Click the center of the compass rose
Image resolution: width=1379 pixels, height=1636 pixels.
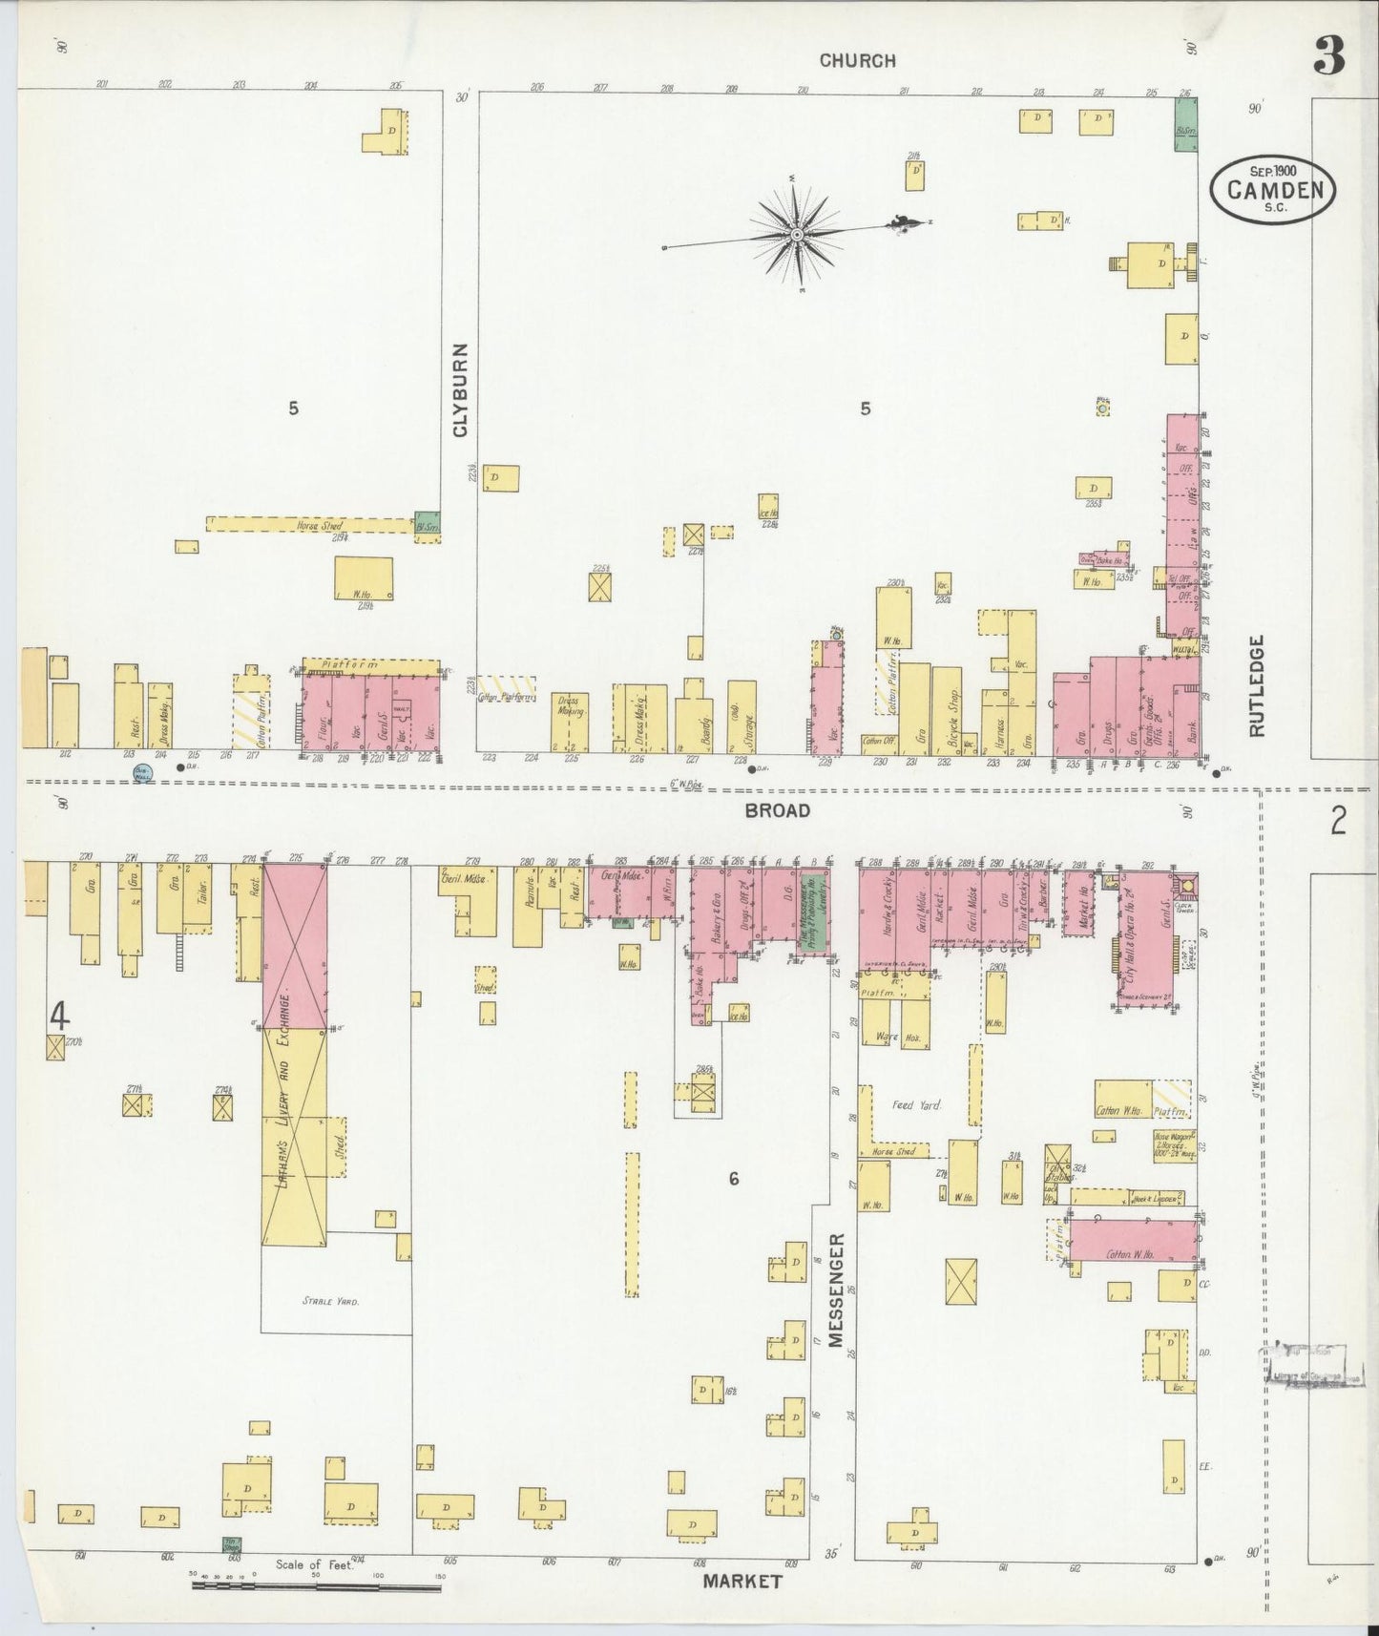pos(796,233)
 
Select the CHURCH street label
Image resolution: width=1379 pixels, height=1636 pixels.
pos(857,60)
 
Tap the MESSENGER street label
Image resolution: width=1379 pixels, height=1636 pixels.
pos(836,1290)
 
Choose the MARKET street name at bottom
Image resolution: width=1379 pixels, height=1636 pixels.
pos(742,1581)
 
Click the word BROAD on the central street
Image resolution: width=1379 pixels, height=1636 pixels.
pos(777,810)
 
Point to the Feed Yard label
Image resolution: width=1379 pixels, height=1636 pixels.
pos(916,1104)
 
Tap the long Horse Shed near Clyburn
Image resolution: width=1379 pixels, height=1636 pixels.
pos(310,525)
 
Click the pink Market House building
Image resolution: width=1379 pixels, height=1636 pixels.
pos(1079,901)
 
